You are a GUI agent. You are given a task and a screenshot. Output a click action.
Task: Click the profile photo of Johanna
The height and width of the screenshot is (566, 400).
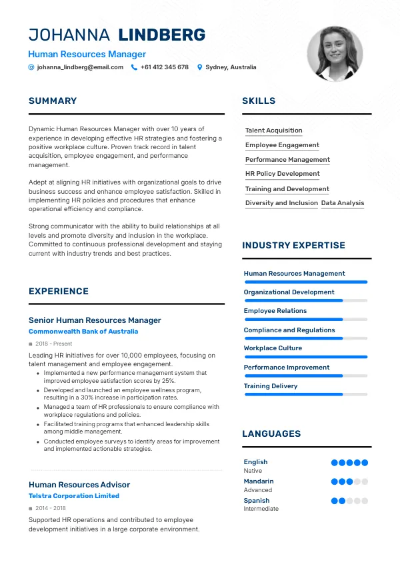pyautogui.click(x=335, y=54)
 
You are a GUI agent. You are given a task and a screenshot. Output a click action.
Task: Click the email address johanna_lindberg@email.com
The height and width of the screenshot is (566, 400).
pyautogui.click(x=80, y=67)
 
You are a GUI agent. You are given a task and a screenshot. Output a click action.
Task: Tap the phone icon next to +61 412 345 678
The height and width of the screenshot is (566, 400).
pyautogui.click(x=134, y=67)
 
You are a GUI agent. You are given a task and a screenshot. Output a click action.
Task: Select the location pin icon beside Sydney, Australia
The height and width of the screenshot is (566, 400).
pyautogui.click(x=199, y=67)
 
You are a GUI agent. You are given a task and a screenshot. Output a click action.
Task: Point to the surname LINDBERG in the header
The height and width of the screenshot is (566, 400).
pyautogui.click(x=161, y=35)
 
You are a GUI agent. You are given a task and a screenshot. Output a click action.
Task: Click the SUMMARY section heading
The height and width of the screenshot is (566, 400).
pyautogui.click(x=53, y=101)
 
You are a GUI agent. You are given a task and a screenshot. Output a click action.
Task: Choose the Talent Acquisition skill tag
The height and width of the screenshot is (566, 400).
pyautogui.click(x=273, y=131)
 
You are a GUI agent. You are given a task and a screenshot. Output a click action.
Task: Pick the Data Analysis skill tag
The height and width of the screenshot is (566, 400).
pyautogui.click(x=343, y=203)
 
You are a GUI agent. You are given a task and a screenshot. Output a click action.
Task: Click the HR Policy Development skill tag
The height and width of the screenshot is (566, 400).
pyautogui.click(x=282, y=174)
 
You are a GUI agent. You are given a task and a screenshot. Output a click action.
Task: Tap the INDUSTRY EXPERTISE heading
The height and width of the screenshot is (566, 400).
pyautogui.click(x=293, y=246)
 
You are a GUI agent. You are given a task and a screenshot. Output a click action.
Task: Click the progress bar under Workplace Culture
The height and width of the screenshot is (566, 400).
pyautogui.click(x=305, y=357)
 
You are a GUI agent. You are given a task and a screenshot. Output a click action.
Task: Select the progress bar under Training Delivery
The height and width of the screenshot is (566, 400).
pyautogui.click(x=305, y=395)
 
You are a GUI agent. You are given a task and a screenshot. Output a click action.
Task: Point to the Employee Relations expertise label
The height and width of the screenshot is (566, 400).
pyautogui.click(x=275, y=311)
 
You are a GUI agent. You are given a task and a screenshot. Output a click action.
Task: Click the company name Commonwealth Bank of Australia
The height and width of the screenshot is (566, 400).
pyautogui.click(x=83, y=332)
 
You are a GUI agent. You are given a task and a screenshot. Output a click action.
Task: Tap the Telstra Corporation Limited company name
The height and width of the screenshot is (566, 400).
pyautogui.click(x=74, y=496)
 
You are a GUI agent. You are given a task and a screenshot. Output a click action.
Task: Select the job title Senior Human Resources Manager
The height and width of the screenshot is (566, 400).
pyautogui.click(x=95, y=320)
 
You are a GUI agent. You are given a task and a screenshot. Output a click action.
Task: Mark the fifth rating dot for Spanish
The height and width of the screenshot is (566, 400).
pyautogui.click(x=365, y=501)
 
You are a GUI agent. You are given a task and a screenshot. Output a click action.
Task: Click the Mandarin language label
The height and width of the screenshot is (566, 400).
pyautogui.click(x=259, y=481)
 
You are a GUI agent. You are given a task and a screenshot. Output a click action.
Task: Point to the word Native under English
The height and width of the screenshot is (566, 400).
pyautogui.click(x=253, y=471)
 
